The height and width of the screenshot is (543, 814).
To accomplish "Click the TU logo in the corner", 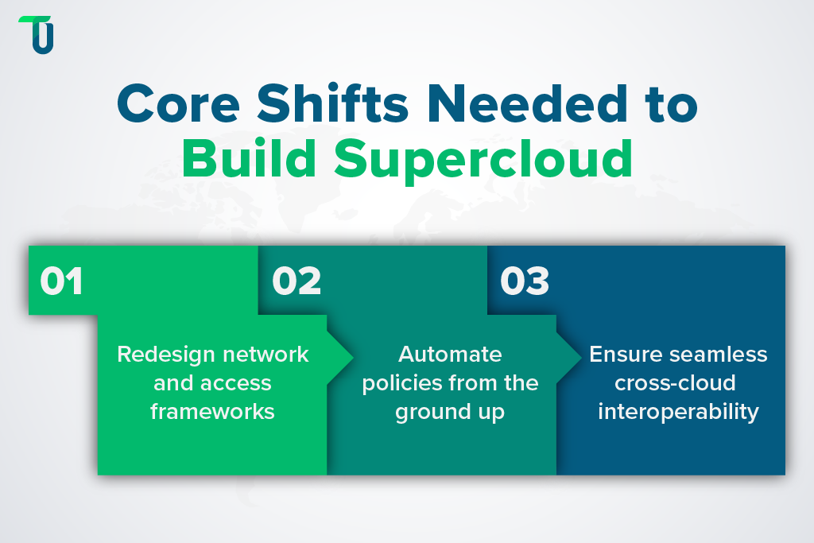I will (x=37, y=35).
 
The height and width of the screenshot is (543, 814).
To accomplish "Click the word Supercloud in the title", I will (x=483, y=159).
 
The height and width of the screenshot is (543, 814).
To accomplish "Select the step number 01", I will (x=61, y=281).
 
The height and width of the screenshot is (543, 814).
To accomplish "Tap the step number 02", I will (x=297, y=281).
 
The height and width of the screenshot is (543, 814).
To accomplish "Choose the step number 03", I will (x=525, y=281).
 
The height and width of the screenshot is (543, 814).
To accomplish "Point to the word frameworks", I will (x=213, y=411).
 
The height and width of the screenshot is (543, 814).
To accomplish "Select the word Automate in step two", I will (x=450, y=354).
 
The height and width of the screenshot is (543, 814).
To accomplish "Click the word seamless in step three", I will (x=718, y=354).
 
